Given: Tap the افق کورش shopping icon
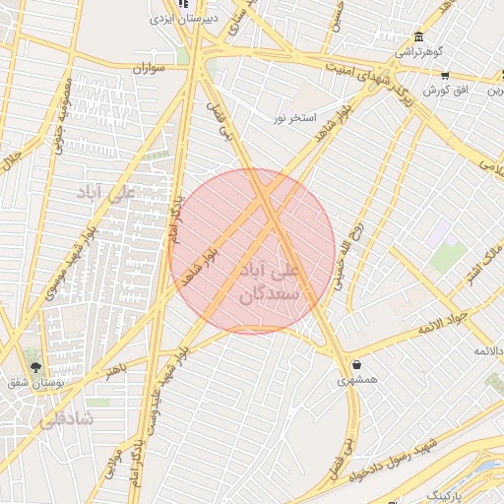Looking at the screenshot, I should tap(445, 75).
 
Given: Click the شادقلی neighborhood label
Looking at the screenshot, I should tap(66, 419).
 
